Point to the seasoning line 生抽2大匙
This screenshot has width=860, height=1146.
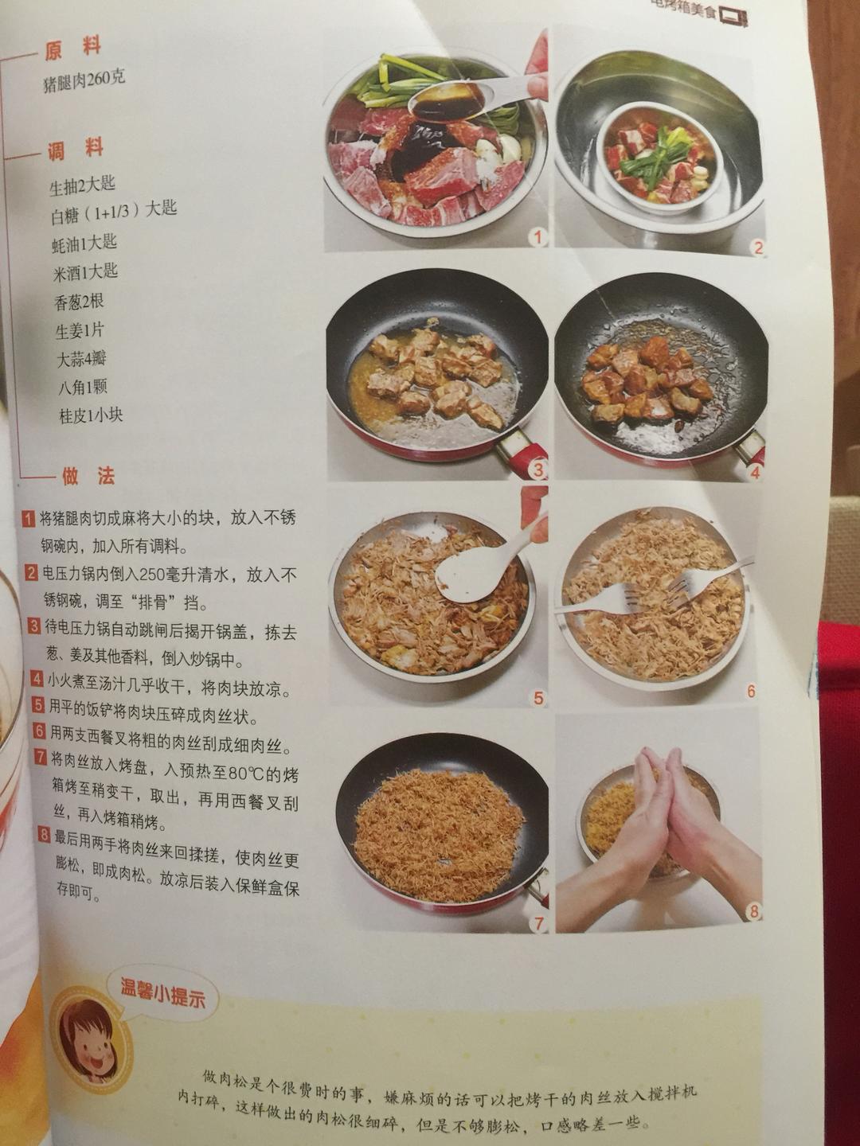tap(82, 185)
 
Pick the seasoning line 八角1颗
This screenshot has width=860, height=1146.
tap(82, 388)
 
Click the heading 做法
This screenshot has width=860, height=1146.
tap(88, 476)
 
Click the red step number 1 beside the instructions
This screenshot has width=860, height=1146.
tap(29, 519)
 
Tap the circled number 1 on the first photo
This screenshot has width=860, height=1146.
tap(538, 236)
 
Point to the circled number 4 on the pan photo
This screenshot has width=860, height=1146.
tap(753, 471)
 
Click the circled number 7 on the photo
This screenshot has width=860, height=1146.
tap(539, 923)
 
